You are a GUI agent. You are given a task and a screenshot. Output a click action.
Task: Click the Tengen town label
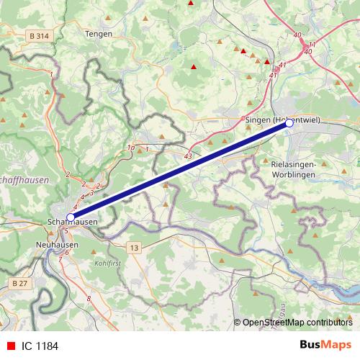pyautogui.click(x=99, y=33)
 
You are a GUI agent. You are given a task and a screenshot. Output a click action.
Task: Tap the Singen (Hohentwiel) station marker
pyautogui.click(x=289, y=124)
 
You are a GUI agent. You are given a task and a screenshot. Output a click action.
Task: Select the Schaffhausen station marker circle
pyautogui.click(x=71, y=217)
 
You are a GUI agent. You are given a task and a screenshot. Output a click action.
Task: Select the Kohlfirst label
pyautogui.click(x=109, y=264)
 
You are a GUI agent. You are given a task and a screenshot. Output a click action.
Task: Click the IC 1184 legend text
pyautogui.click(x=40, y=346)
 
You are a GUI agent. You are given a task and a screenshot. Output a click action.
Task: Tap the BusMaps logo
pyautogui.click(x=325, y=345)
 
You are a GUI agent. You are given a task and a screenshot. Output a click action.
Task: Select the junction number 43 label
pyautogui.click(x=188, y=156)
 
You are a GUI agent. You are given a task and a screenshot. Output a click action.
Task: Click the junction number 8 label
pyautogui.click(x=89, y=298)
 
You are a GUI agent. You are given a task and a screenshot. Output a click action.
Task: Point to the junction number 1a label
pyautogui.click(x=130, y=148)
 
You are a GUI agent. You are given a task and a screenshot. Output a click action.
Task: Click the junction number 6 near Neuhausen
pyautogui.click(x=67, y=253)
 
